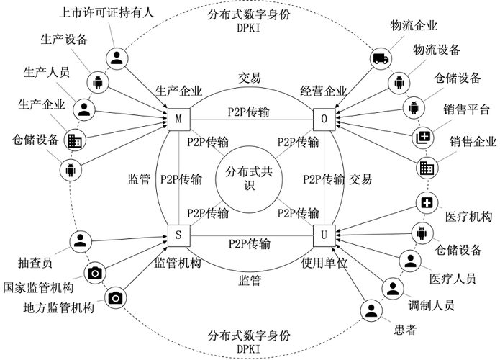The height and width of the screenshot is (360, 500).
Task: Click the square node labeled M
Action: click(x=178, y=117)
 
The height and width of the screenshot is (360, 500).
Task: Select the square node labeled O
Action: click(x=323, y=117)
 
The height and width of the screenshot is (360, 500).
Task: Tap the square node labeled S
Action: click(x=178, y=235)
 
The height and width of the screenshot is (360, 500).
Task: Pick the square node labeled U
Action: click(x=323, y=235)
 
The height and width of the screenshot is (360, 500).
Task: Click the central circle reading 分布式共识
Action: click(x=250, y=176)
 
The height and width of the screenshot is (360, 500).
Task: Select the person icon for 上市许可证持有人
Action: click(x=117, y=58)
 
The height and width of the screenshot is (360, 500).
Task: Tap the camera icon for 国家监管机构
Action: click(x=94, y=272)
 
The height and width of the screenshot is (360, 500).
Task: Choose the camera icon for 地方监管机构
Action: click(x=114, y=297)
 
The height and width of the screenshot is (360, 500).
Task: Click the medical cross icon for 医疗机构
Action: click(x=427, y=204)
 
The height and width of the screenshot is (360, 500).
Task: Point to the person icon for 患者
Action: click(x=370, y=311)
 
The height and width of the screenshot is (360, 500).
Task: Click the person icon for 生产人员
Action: click(x=84, y=109)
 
